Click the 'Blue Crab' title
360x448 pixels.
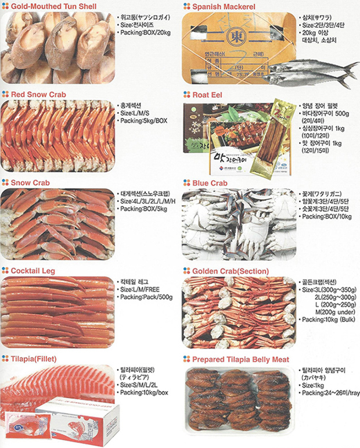[x=210, y=182]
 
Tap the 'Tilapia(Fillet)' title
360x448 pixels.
[x=37, y=359]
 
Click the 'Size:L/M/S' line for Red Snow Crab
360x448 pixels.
[x=135, y=113]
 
